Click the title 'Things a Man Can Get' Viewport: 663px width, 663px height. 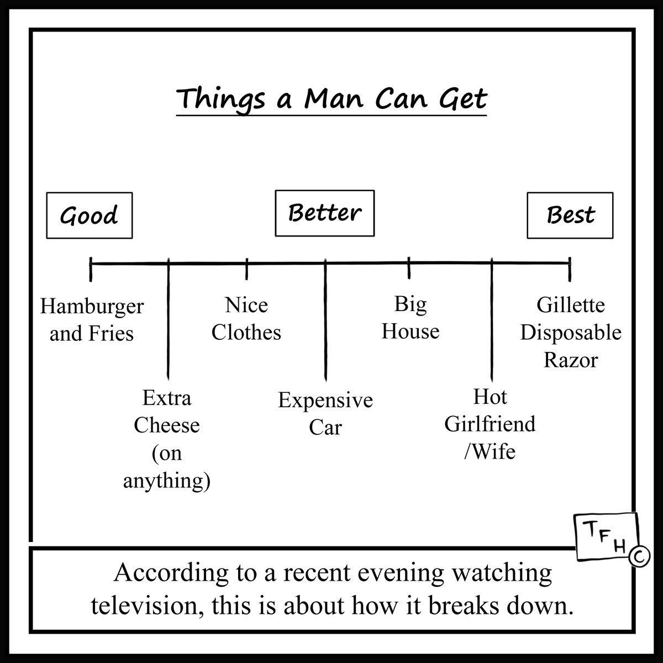coord(331,100)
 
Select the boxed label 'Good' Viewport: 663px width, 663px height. coord(90,215)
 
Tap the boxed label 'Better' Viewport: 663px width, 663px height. coord(325,213)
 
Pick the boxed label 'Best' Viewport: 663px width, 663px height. coord(570,215)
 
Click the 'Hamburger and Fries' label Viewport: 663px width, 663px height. coord(92,320)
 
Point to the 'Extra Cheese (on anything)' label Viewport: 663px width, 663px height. coord(167,439)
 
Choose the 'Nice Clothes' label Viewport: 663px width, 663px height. coord(246,319)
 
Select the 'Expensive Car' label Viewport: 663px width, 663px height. coord(325,414)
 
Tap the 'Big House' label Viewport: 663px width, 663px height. coord(411,318)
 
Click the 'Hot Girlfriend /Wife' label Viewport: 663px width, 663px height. coord(490,424)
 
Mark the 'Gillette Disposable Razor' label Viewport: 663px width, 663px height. coord(571,333)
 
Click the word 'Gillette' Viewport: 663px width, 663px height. coord(571,305)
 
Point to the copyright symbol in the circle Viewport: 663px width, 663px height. coord(640,556)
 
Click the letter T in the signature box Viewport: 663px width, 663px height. coord(591,529)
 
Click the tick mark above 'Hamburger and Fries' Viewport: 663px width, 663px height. coord(91,270)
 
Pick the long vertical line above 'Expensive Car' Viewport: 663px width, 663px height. coord(325,320)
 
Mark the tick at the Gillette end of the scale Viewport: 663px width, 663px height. coord(570,270)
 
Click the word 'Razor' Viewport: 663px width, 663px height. coord(571,360)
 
